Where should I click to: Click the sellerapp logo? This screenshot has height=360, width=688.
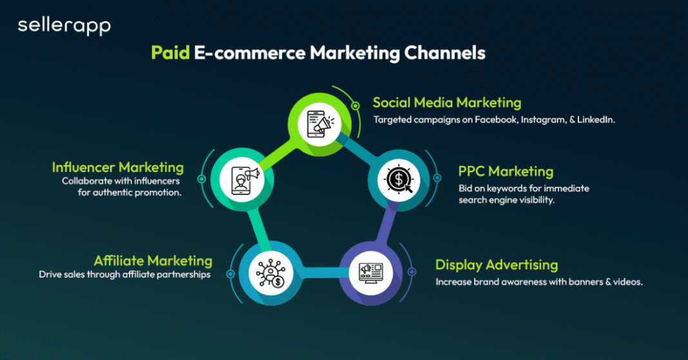64,26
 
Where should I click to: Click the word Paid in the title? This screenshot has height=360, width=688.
170,52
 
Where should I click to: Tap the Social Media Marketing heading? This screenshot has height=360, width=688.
446,102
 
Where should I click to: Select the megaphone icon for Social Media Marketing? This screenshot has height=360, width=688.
321,122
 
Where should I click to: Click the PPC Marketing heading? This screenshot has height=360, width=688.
506,171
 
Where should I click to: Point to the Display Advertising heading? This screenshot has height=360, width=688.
496,265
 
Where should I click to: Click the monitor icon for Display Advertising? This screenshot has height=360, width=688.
370,270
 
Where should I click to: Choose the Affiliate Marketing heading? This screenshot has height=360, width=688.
153,261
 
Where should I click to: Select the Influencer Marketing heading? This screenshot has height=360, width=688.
118,167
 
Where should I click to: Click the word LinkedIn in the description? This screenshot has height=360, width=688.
597,120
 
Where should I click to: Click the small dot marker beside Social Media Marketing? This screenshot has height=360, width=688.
355,106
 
